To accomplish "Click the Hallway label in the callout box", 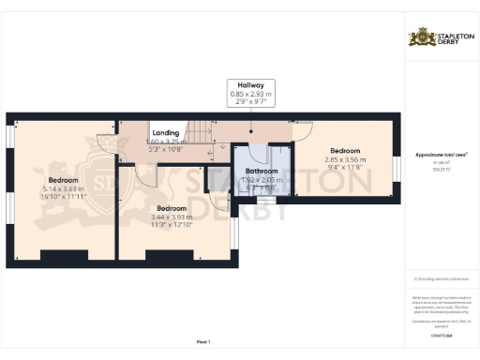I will click(249, 83).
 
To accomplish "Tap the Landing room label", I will click(166, 133).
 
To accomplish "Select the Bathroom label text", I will click(262, 172).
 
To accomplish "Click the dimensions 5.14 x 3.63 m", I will click(63, 189).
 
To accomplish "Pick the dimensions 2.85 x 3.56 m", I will click(344, 159).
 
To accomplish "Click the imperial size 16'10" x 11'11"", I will click(63, 198).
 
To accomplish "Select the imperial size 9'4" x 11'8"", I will click(344, 168).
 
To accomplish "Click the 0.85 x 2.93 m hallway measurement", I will click(249, 93).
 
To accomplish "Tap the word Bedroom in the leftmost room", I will click(63, 180).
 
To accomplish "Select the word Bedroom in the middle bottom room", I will click(172, 207).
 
